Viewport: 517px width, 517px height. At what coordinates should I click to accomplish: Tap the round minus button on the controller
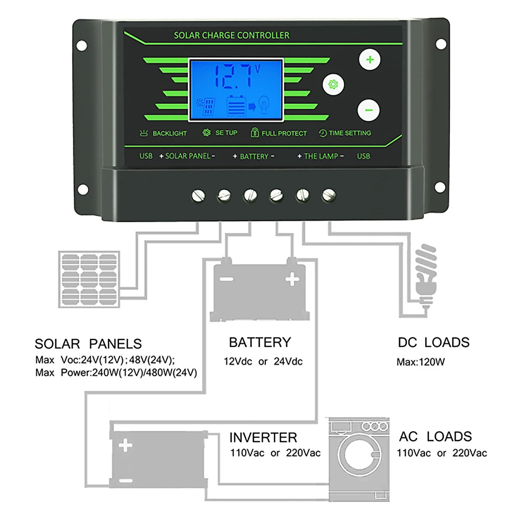coord(369,110)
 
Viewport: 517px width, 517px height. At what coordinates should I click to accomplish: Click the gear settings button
coord(333,84)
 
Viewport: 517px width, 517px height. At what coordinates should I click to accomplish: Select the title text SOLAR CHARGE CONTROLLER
coord(231,35)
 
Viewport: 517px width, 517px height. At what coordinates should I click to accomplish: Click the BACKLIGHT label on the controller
coord(169,134)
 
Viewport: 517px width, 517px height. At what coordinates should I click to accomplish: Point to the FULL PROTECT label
coord(283,134)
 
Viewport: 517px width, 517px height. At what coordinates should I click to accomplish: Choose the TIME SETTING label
coord(349,133)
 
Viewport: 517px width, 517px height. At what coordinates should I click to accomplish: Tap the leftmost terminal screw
coord(198,196)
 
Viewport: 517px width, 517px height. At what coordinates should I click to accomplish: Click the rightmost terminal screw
coord(329,196)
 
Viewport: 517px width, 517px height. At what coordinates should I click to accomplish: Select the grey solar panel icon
coord(89,279)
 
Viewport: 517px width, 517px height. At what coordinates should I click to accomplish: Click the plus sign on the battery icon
coord(292,279)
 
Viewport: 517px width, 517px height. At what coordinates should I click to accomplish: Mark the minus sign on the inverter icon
coord(125,480)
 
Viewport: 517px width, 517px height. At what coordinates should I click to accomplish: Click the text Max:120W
coord(420,362)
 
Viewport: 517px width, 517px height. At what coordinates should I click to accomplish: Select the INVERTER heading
coord(263,438)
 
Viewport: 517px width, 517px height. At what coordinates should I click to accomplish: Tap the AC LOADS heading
coord(435,436)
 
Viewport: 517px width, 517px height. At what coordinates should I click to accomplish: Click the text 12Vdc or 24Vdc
coord(263,361)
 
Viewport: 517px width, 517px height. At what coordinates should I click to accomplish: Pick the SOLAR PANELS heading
coord(88,344)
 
